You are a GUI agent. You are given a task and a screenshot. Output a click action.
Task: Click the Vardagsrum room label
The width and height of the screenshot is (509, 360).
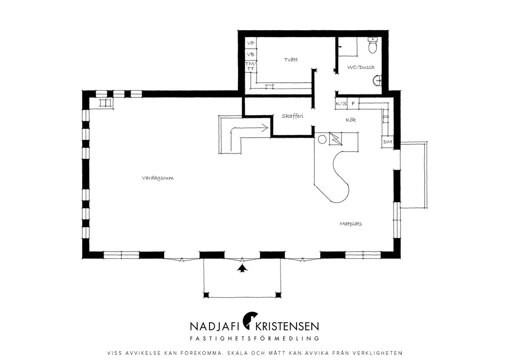pyautogui.click(x=158, y=178)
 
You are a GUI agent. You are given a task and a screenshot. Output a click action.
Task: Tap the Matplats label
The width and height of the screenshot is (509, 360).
pyautogui.click(x=351, y=224)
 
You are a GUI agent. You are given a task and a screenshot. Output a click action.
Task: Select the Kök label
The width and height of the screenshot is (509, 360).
pyautogui.click(x=351, y=120)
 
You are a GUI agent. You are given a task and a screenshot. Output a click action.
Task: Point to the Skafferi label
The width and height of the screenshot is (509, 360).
pyautogui.click(x=292, y=116)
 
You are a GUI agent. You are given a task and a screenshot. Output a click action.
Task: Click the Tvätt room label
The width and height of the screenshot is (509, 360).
pyautogui.click(x=291, y=59)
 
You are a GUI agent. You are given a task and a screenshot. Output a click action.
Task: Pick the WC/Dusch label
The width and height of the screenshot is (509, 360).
pyautogui.click(x=361, y=67)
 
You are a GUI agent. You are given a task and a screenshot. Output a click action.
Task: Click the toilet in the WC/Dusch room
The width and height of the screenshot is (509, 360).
pyautogui.click(x=373, y=45)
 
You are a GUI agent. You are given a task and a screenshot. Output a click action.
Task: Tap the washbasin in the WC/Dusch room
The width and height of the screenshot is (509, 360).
pyautogui.click(x=377, y=81)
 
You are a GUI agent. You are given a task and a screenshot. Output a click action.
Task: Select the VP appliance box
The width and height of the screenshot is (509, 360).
pyautogui.click(x=251, y=43)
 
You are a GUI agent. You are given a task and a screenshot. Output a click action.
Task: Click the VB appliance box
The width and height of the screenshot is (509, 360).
pyautogui.click(x=251, y=55)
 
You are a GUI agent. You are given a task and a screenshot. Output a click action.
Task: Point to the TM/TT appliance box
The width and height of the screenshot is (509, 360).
pyautogui.click(x=251, y=66)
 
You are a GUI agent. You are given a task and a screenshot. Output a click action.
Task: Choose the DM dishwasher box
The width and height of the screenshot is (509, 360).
pyautogui.click(x=388, y=142)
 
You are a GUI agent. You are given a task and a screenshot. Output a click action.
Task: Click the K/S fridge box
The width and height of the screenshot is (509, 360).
pyautogui.click(x=341, y=104)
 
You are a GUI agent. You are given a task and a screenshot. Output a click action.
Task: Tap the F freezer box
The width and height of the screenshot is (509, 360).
pyautogui.click(x=353, y=104)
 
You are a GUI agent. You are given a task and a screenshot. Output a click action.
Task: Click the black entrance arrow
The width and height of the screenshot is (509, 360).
pyautogui.click(x=243, y=268)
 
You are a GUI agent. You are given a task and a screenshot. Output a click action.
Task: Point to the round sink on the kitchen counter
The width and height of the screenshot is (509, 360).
pyautogui.click(x=322, y=139)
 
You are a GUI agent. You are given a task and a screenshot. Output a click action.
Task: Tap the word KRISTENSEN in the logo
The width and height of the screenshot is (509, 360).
pyautogui.click(x=288, y=326)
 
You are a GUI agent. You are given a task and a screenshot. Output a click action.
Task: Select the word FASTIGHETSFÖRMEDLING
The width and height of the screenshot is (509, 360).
pyautogui.click(x=255, y=338)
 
